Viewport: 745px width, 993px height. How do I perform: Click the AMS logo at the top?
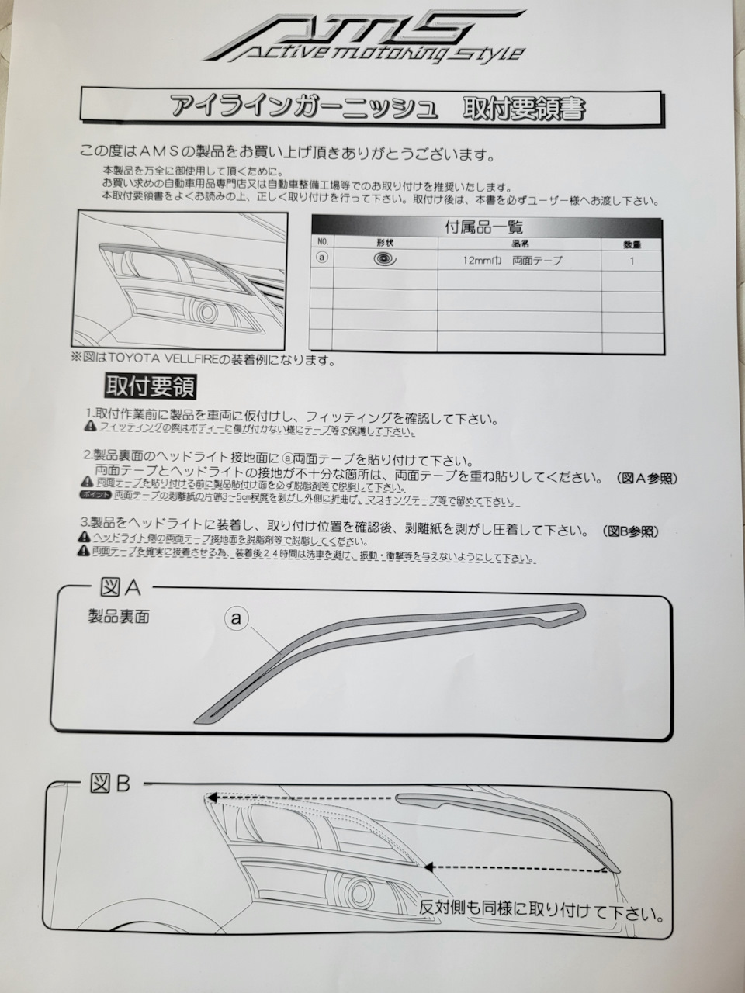(362, 36)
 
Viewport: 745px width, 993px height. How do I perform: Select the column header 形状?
(385, 244)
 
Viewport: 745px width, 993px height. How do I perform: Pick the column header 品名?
(519, 244)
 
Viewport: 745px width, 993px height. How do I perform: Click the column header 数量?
(632, 244)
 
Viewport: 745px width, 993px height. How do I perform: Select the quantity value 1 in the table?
(632, 261)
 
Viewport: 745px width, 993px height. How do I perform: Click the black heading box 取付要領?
(151, 386)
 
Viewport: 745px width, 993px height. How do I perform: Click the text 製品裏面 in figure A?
(119, 618)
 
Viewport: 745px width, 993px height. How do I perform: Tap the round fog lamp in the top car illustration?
(207, 312)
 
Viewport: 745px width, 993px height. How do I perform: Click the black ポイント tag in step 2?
(94, 494)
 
